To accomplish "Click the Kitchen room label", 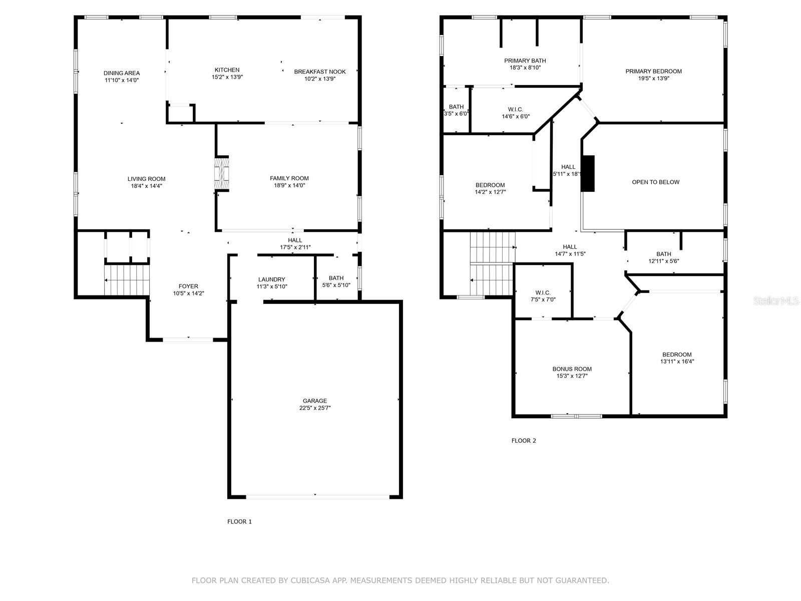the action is [x=227, y=70].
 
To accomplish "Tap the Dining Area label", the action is [x=122, y=73].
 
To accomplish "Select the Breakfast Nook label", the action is [x=320, y=72].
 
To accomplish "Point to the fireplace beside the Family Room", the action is [x=221, y=173].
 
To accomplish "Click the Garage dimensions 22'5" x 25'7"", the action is [x=315, y=408].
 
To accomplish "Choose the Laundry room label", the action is [x=271, y=279].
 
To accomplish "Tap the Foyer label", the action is [x=188, y=286].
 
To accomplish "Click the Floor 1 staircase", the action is [x=127, y=280].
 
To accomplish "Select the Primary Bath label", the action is [x=525, y=61].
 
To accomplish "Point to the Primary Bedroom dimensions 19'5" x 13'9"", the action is [x=654, y=78].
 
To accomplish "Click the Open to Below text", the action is [x=656, y=182].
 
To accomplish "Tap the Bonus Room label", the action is [x=572, y=369].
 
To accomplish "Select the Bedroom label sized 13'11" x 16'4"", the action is [x=677, y=355].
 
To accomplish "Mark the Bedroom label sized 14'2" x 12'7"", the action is [x=490, y=185].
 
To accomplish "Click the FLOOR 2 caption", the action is [x=524, y=440].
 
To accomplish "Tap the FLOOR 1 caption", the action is [x=239, y=521].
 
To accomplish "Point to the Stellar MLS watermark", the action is [x=776, y=300].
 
